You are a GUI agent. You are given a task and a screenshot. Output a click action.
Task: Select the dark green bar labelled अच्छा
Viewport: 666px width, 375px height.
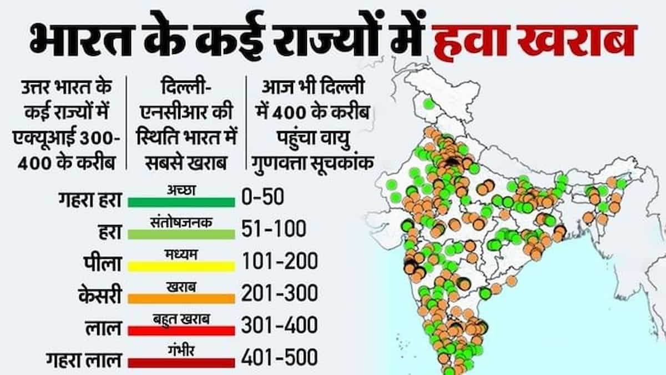point(181,202)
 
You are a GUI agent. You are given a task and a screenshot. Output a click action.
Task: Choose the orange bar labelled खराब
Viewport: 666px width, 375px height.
point(181,298)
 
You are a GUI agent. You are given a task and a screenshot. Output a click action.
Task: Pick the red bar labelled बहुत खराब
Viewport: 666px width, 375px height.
point(181,330)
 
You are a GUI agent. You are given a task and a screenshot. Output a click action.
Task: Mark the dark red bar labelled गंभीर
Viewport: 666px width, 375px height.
point(181,362)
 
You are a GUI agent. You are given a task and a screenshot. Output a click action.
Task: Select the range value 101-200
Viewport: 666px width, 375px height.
point(279,261)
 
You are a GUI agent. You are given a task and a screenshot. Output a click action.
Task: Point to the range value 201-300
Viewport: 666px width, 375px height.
point(279,293)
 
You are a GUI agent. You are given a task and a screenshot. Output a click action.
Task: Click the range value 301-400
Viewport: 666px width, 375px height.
point(279,324)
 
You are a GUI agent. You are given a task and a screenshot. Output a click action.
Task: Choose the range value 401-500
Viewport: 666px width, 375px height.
point(279,357)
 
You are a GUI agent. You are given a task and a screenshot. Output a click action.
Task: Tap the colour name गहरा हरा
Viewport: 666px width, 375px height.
point(89,199)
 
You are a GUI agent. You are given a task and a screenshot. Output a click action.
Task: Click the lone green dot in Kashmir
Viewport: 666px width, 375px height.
point(428,103)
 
